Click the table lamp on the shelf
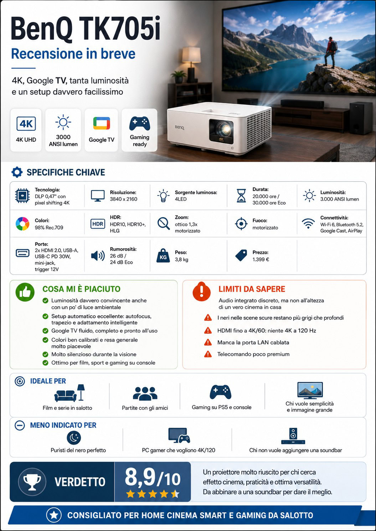(191, 64)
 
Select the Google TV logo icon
(101, 123)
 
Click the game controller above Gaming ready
(139, 123)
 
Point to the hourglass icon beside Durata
(241, 196)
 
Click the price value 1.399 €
(261, 260)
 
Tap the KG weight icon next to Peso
(163, 256)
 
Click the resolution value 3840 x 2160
(123, 199)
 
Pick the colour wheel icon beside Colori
(22, 224)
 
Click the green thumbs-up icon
(25, 292)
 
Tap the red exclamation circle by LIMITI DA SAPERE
(202, 292)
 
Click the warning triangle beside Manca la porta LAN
(208, 342)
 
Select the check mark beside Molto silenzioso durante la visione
(45, 354)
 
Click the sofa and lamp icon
(69, 393)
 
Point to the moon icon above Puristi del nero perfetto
(74, 438)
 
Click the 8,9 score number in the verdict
(140, 477)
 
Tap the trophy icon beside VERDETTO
(32, 482)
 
